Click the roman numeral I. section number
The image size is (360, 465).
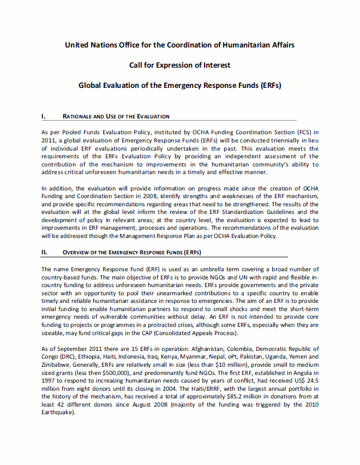coord(44,116)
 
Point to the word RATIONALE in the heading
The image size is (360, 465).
coord(77,116)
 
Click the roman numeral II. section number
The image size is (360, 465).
coord(45,252)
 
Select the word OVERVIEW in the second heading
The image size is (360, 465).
coord(78,252)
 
